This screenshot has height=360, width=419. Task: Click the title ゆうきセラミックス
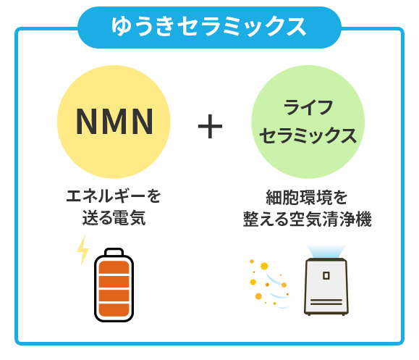tap(208, 27)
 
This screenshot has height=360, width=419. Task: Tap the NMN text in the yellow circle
tap(114, 122)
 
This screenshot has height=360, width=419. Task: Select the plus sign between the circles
tap(210, 126)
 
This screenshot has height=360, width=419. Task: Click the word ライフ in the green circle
tap(308, 107)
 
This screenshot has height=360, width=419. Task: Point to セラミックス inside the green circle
tap(308, 135)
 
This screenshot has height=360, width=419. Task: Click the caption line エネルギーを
tap(114, 196)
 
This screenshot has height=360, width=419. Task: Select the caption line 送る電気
tap(114, 218)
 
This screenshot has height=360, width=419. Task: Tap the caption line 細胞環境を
tap(307, 198)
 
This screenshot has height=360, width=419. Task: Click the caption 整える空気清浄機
tap(308, 219)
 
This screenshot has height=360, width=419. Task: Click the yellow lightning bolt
tap(82, 251)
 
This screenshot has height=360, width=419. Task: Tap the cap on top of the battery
tap(114, 251)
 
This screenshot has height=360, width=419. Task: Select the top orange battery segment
tap(114, 267)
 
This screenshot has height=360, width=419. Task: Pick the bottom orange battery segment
tap(114, 311)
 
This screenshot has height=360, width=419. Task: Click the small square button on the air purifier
tap(326, 275)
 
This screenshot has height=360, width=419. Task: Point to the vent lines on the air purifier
tap(326, 302)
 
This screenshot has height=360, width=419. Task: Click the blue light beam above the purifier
tap(326, 251)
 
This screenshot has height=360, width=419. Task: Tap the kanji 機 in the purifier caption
tap(364, 219)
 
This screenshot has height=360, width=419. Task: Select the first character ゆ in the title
tap(122, 26)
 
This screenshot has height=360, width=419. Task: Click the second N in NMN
tap(143, 122)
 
